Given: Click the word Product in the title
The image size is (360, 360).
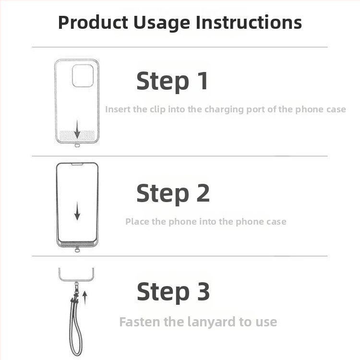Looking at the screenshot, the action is click(93, 22).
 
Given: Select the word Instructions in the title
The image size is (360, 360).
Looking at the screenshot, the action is click(249, 22).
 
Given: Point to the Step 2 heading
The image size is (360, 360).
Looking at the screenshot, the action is click(173, 194).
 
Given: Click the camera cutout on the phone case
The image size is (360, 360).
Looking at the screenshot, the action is click(83, 76).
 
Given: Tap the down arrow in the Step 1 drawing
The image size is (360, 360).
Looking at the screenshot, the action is click(77, 129).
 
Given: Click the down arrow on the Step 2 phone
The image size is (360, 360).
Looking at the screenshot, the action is click(77, 211).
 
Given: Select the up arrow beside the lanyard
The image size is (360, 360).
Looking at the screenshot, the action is click(85, 298).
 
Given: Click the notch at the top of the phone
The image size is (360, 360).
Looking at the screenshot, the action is click(77, 164).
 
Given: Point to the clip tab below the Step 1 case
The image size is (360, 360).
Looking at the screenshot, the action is click(77, 145).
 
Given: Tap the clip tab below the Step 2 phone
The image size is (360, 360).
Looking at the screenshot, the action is click(77, 250).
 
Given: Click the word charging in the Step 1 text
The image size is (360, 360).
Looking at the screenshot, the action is click(224, 110).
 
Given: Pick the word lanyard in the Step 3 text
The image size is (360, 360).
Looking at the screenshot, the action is click(212, 323).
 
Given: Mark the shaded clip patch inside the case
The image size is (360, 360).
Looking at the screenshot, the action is click(77, 135).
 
